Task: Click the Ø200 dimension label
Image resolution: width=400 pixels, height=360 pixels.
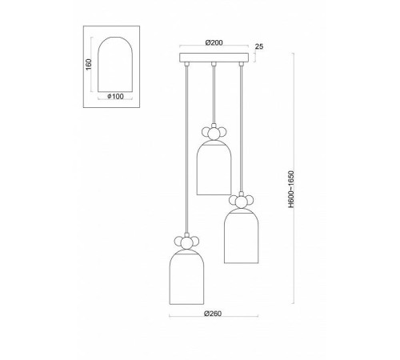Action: point(213,42)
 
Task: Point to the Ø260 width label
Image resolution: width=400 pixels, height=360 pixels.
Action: point(212,314)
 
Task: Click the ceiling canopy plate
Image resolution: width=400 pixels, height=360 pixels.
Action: point(213,58)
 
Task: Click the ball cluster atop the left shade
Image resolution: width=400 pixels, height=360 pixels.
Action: point(186,241)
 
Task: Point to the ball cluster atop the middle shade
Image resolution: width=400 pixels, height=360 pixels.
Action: point(213,132)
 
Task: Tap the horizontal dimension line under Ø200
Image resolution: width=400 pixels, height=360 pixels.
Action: point(213,50)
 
